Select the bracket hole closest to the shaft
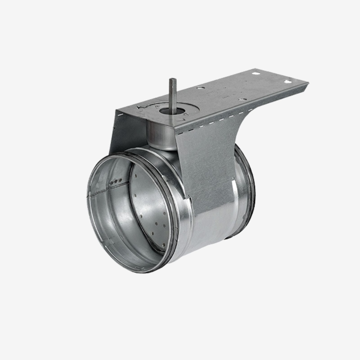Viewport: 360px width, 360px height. pos(200,87)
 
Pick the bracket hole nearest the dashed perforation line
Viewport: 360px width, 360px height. pos(242,99)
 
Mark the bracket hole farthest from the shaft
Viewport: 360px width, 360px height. pos(288,82)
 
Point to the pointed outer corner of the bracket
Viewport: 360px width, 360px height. pos(308,83)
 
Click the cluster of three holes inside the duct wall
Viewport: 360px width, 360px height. pos(114,181)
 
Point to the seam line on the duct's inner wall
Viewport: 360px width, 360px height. pos(105,190)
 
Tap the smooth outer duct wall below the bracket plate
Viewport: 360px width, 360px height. pos(211,232)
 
